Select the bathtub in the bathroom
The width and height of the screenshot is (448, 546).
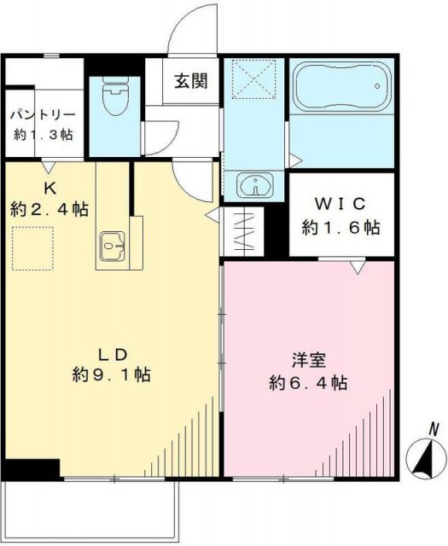click(x=340, y=86)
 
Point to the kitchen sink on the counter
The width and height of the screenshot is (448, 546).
click(x=113, y=247)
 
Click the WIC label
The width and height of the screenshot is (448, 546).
click(x=340, y=206)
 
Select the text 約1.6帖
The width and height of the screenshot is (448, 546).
click(x=340, y=228)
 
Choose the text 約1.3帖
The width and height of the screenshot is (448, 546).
click(x=44, y=134)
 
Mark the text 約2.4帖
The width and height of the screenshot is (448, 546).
click(x=49, y=208)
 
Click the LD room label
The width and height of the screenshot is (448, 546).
click(x=112, y=353)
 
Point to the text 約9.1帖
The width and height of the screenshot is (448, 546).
click(x=112, y=375)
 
